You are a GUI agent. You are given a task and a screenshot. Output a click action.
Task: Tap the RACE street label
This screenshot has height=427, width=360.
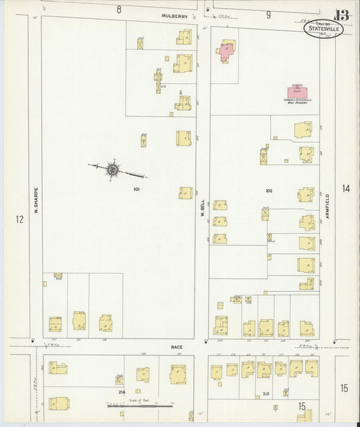coord(176,347)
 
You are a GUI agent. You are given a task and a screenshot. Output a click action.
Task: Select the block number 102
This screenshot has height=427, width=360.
coord(269,191)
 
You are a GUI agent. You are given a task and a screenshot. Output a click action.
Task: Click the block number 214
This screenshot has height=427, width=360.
coord(122,391)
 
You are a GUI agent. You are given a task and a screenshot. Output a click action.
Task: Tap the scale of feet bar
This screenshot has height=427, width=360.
coord(134,406)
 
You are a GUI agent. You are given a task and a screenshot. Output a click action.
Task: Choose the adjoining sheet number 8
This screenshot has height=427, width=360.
coord(118,9)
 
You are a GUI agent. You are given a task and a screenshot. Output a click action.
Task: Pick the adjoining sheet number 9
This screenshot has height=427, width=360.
coord(268,14)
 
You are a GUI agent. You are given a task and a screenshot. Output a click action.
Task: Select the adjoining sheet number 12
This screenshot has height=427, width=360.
coord(20,219)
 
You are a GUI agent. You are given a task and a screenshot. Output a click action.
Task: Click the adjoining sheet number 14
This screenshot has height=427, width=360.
coord(346,189)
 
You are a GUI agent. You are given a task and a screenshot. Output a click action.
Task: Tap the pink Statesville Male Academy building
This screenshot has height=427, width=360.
coord(295,91)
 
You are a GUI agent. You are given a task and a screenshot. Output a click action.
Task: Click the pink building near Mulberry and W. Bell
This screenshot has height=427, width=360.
coord(226,51)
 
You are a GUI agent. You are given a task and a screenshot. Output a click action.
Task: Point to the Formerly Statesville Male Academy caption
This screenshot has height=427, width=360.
coord(295,101)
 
